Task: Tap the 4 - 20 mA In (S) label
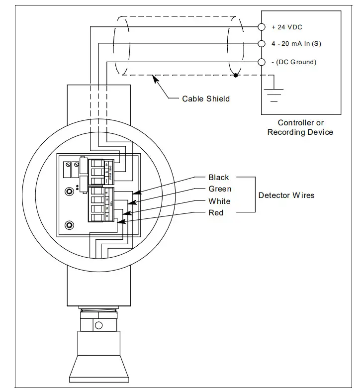click(296, 44)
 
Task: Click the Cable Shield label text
click(206, 98)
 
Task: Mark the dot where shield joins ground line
click(235, 76)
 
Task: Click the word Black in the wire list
click(219, 178)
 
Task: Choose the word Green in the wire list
click(220, 189)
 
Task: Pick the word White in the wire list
click(219, 201)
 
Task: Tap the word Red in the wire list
click(216, 213)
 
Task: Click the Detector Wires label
click(286, 195)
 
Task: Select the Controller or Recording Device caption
click(300, 127)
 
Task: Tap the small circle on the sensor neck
click(98, 325)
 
